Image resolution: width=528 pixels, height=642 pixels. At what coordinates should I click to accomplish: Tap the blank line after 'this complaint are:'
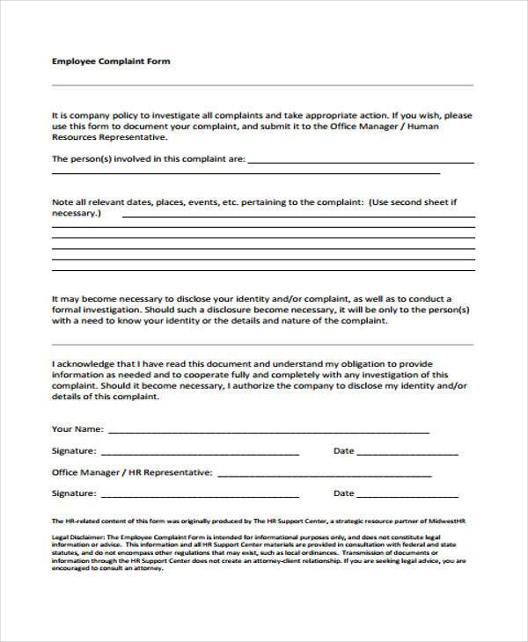pyautogui.click(x=361, y=162)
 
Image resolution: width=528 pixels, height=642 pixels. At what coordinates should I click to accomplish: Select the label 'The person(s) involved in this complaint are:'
pyautogui.click(x=148, y=159)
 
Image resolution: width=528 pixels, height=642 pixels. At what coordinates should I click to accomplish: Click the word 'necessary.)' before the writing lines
pyautogui.click(x=77, y=213)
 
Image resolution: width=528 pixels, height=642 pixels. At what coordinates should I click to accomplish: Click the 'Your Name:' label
pyautogui.click(x=78, y=429)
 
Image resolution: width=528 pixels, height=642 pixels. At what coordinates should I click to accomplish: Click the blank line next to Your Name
pyautogui.click(x=268, y=432)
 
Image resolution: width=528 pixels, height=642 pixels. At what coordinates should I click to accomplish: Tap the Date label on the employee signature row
pyautogui.click(x=343, y=451)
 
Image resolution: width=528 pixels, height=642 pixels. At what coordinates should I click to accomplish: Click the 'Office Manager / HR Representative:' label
pyautogui.click(x=132, y=472)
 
